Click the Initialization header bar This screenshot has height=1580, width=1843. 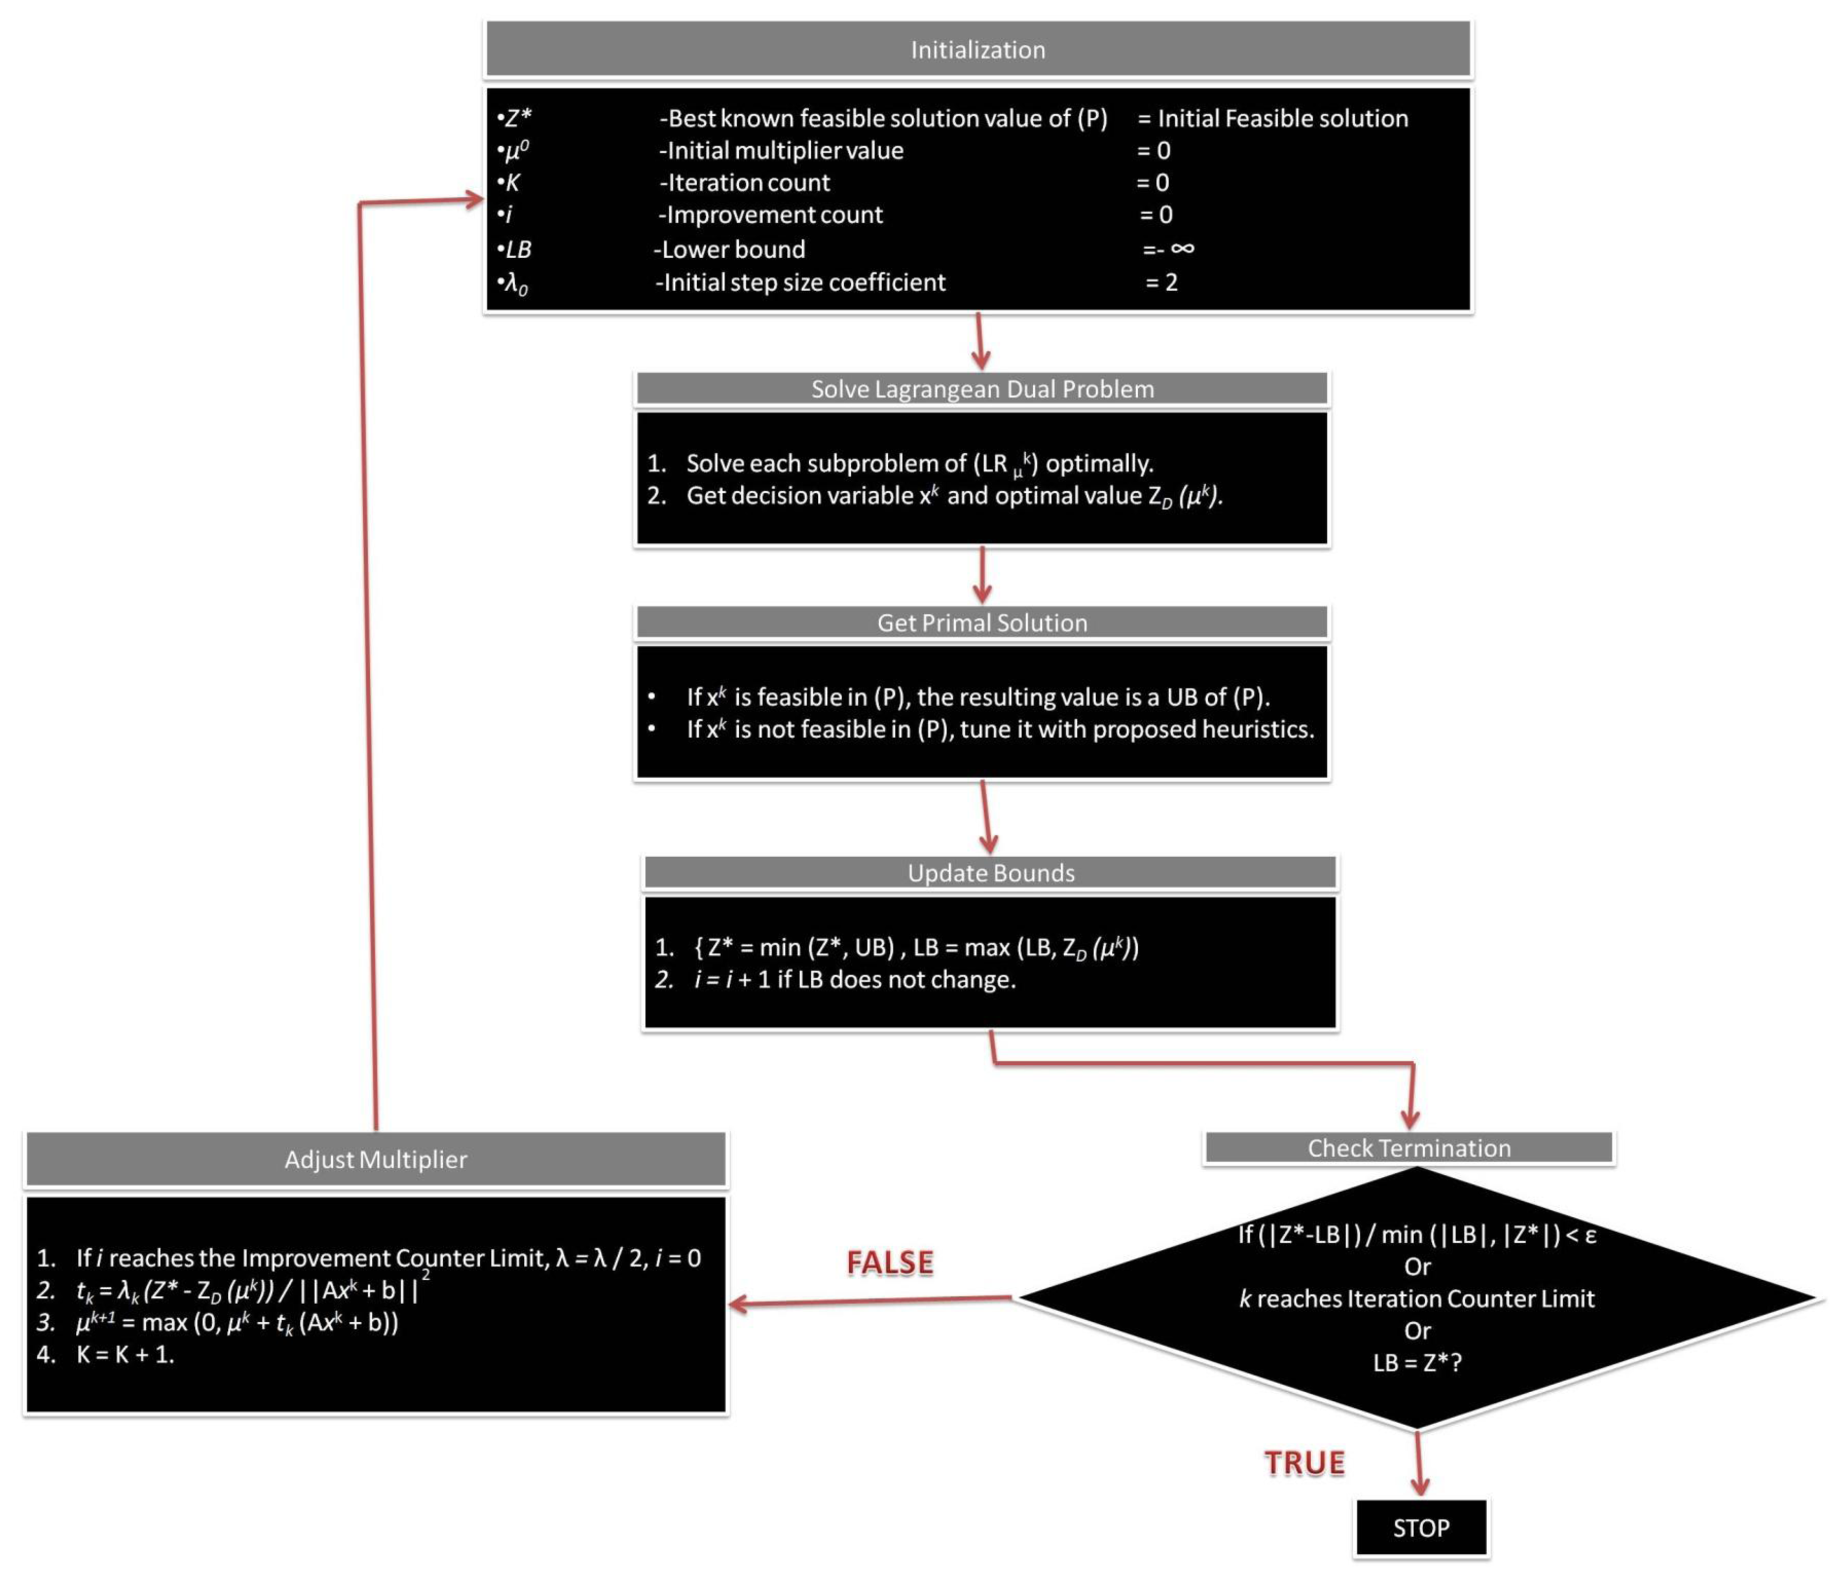coord(978,50)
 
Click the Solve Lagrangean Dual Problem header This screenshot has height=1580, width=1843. coord(982,389)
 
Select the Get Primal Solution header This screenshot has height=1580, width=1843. coord(982,623)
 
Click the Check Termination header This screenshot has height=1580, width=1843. coord(1408,1147)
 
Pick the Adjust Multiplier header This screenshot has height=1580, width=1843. coord(376,1159)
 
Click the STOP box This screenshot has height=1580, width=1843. coord(1421,1528)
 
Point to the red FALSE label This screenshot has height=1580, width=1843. coord(889,1263)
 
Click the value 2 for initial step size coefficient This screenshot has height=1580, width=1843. coord(1171,282)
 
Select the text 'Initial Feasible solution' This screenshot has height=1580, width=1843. coord(1282,118)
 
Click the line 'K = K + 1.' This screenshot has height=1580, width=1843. coord(124,1355)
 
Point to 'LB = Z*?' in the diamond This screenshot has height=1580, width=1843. coord(1417,1362)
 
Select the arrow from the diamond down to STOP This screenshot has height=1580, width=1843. coord(1419,1464)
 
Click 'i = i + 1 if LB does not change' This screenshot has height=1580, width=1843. coord(854,979)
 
